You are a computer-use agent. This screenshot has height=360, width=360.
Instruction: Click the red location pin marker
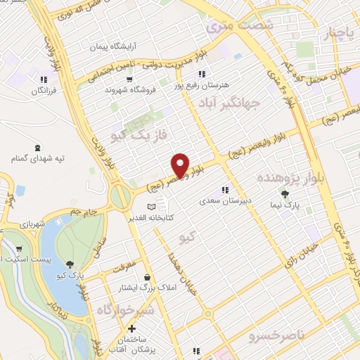pos(181,165)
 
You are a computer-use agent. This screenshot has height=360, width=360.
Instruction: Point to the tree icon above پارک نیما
pos(285,195)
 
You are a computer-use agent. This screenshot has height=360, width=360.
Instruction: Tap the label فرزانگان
pos(44,92)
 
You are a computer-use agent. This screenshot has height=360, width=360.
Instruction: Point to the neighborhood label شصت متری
pos(229,26)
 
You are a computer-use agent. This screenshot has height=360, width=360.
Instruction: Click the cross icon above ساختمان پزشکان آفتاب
pos(131,328)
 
